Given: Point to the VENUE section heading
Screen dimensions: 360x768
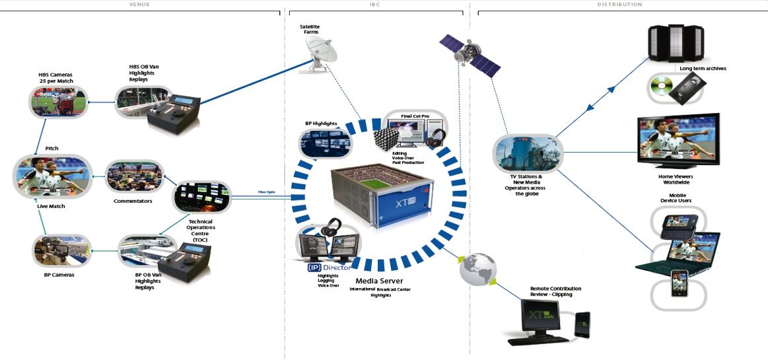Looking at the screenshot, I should (x=138, y=5).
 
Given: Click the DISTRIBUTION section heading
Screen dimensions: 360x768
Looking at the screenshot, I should (x=619, y=5).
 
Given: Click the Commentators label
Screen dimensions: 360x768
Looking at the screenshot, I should (x=133, y=201).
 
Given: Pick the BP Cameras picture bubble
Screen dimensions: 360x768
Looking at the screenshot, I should (x=61, y=252).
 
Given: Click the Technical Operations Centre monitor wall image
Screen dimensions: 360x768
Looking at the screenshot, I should (x=201, y=197).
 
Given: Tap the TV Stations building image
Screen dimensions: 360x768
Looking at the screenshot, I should (x=526, y=154).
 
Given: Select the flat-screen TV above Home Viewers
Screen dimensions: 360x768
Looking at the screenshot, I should (x=678, y=141).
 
